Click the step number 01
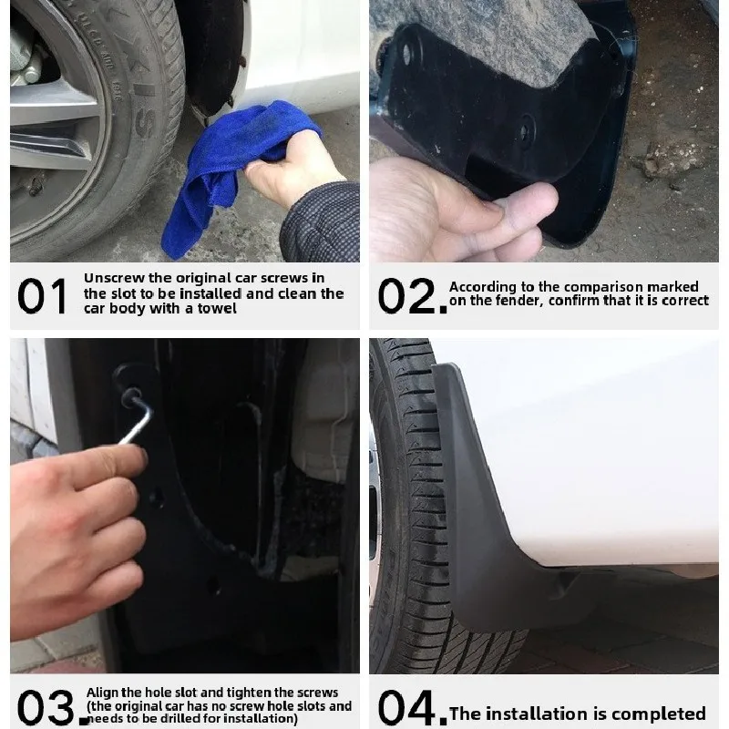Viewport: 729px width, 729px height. click(43, 296)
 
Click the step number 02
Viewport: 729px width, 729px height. click(411, 296)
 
